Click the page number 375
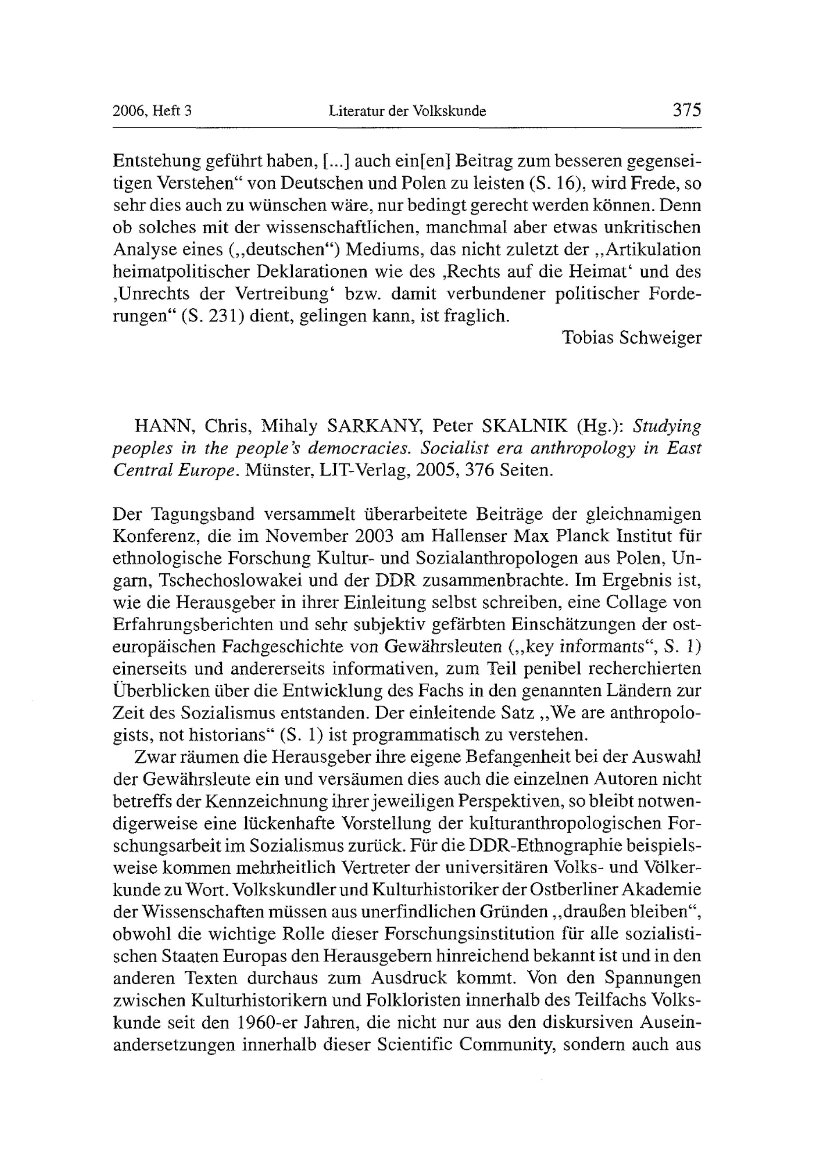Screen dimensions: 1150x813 pyautogui.click(x=686, y=110)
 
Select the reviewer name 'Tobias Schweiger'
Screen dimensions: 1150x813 pyautogui.click(x=632, y=338)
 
